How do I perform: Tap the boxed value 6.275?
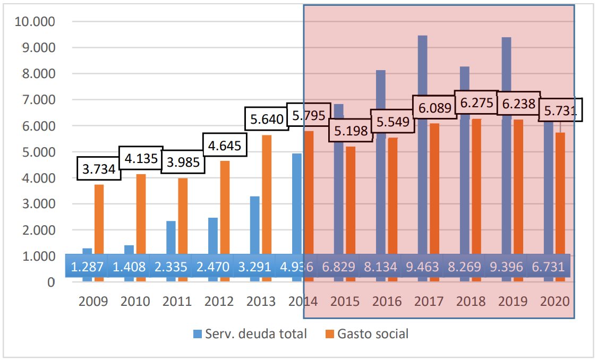[476, 102]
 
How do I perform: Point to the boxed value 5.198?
[349, 130]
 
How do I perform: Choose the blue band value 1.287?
[87, 267]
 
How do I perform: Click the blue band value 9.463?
[423, 267]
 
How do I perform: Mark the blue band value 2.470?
[212, 267]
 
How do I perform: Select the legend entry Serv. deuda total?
[250, 334]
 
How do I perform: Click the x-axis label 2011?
[177, 302]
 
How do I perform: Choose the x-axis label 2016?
[387, 302]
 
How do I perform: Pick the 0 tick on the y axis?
[52, 282]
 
